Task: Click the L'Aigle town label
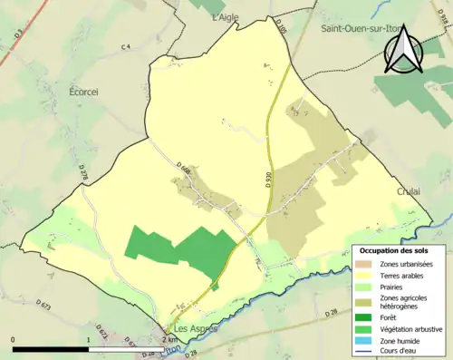tap(229, 17)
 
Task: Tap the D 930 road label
tap(269, 180)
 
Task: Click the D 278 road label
tap(82, 171)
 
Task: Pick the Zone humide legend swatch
tap(365, 341)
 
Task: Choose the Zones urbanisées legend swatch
tap(365, 263)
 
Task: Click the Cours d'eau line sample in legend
tap(365, 352)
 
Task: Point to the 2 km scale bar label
tap(169, 339)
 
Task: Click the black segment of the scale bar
tap(51, 348)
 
